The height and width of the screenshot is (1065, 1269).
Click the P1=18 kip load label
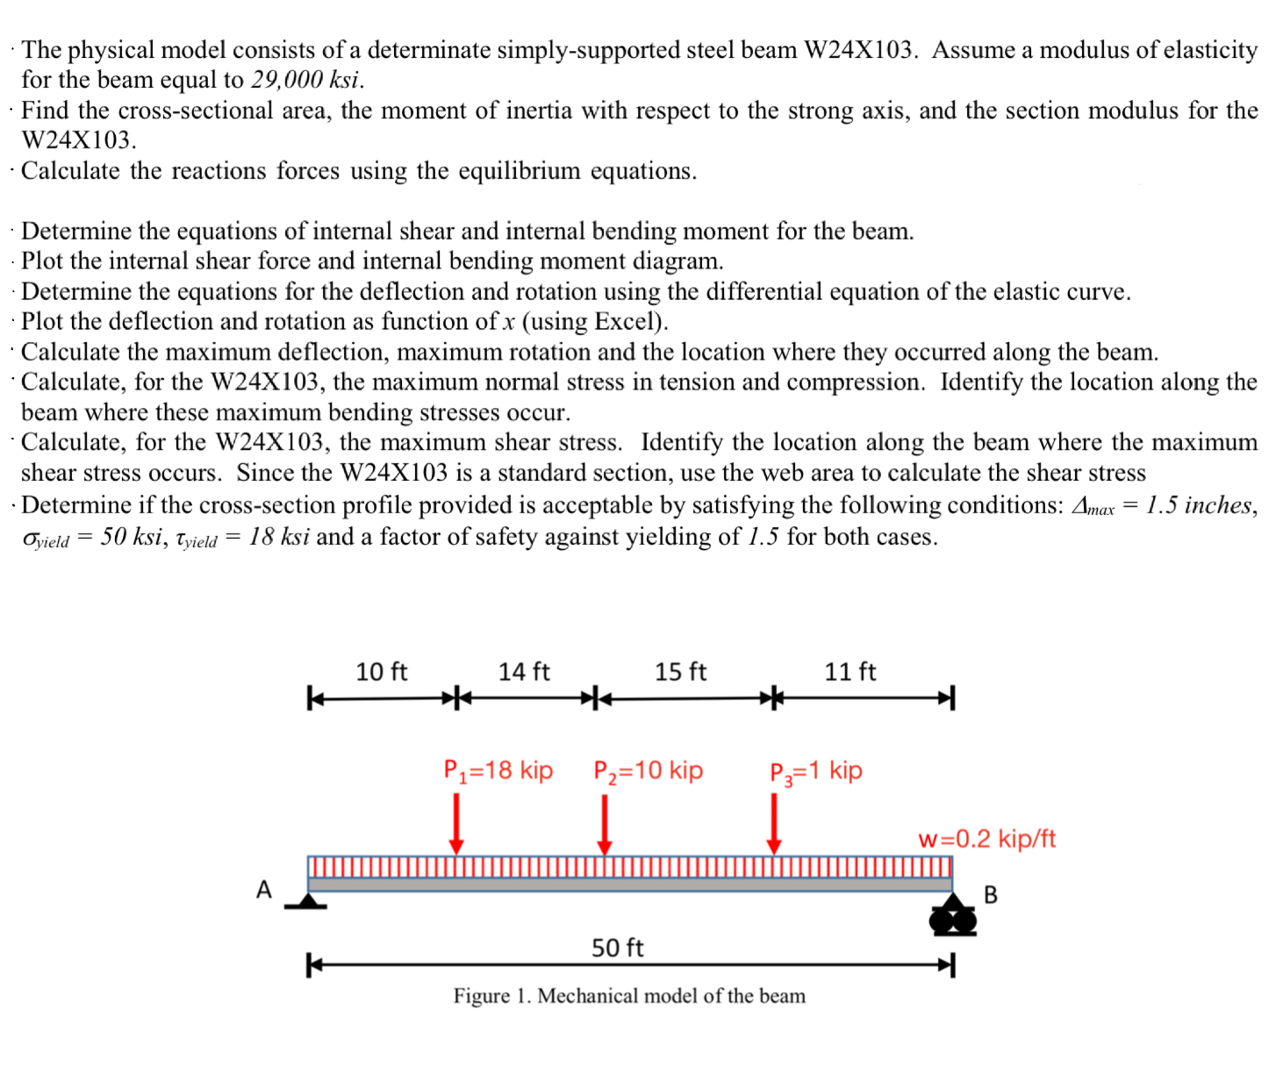498,770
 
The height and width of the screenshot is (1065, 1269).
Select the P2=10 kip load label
648,770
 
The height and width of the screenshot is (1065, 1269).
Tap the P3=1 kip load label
815,771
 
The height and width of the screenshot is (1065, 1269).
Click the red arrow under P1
456,823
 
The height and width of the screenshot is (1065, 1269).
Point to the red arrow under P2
605,824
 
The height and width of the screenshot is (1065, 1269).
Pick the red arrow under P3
774,823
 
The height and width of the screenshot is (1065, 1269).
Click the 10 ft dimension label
381,672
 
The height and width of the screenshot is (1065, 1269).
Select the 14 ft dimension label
524,672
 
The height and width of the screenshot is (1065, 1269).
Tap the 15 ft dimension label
680,672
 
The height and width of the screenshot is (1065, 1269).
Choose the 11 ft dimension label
850,672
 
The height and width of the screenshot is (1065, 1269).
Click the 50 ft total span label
617,948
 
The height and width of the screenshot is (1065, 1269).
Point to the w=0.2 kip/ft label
986,840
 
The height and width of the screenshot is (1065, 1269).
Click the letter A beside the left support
264,890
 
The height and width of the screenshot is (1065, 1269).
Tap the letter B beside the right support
991,895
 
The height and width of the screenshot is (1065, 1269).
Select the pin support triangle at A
307,901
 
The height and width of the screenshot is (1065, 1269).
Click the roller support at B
953,917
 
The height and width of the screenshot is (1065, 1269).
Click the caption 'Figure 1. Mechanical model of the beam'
629,996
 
